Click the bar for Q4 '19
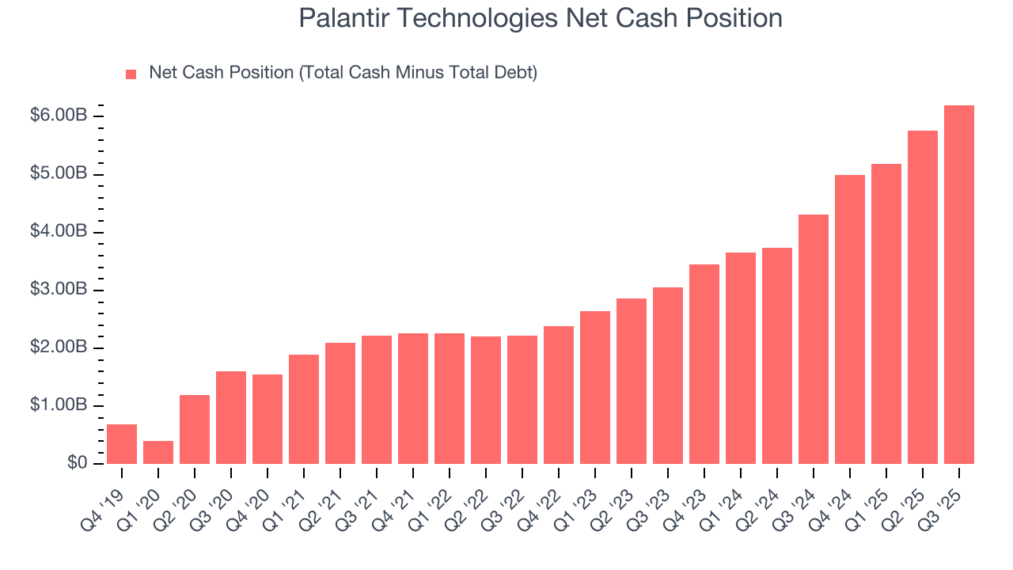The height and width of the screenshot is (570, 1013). coord(122,444)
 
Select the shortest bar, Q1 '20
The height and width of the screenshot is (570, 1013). coord(158,452)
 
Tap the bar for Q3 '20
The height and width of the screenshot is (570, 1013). coord(231,417)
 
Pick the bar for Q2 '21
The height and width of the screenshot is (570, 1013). coord(340,403)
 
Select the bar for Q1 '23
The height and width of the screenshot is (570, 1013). coord(595,387)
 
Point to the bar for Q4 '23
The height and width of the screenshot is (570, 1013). coord(704,364)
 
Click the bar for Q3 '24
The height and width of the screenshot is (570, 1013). coord(814,339)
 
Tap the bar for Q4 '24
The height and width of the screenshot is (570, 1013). coord(850,319)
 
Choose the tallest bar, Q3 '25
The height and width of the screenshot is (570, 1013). coord(959,284)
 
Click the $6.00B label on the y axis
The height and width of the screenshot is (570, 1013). coord(59,116)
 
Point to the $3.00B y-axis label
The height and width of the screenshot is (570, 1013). coord(59,290)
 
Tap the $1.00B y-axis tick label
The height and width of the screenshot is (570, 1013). coord(59,405)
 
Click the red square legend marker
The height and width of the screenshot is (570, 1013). coord(131,74)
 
